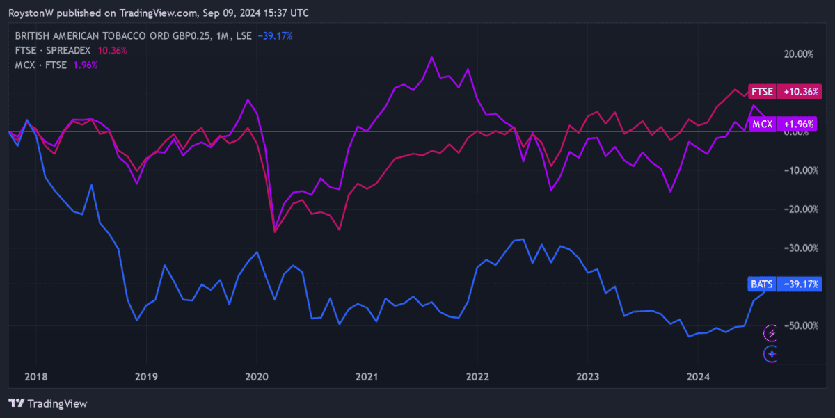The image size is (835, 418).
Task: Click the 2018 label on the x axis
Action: (35, 377)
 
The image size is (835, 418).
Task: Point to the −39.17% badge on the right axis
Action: (801, 284)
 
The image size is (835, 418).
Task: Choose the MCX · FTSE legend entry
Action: (41, 65)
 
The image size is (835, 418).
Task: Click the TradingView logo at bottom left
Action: (48, 403)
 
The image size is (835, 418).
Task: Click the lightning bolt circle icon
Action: (770, 333)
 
